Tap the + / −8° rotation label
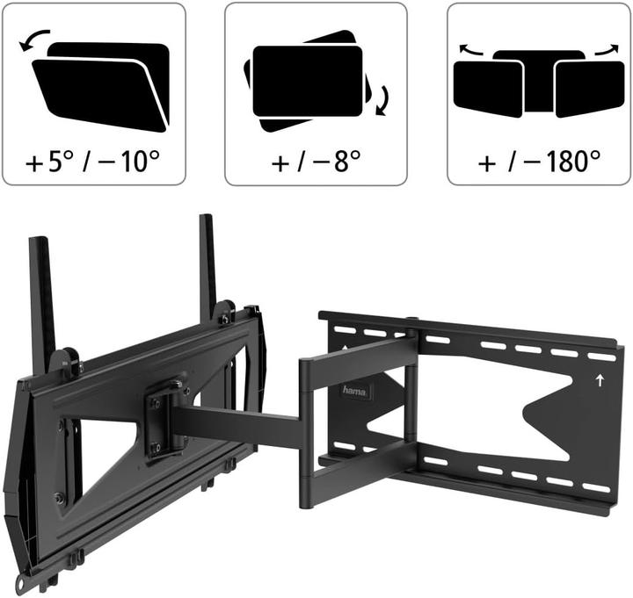[316, 162]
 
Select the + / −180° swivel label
[538, 162]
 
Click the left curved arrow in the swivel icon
[471, 52]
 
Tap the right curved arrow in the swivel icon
[606, 51]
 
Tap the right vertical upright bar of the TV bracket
[207, 263]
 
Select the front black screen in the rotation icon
[308, 81]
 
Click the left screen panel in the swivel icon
[488, 88]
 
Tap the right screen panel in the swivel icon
[588, 88]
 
